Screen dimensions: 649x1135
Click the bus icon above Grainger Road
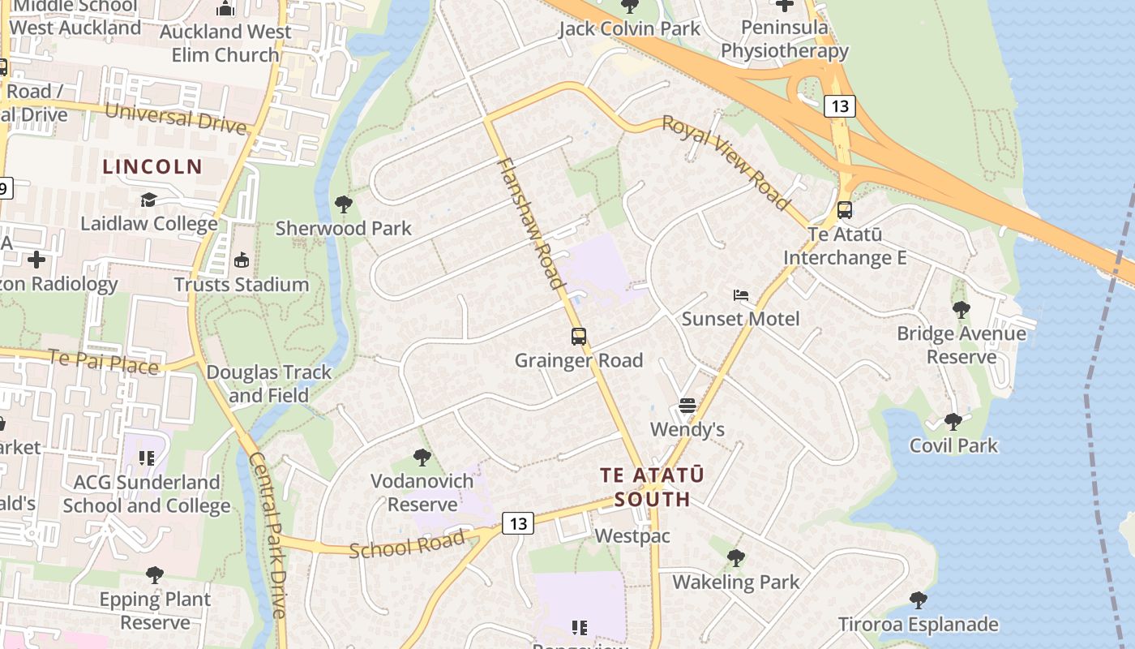(x=578, y=336)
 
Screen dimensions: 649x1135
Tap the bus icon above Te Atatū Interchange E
(x=844, y=210)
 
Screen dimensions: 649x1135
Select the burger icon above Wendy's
(x=687, y=405)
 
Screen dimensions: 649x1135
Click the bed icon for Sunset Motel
(x=740, y=295)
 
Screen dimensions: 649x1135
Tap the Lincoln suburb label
(x=152, y=167)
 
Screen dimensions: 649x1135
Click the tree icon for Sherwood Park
(x=343, y=204)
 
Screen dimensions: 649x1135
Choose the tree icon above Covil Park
(x=953, y=421)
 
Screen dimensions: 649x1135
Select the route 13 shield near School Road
(x=518, y=523)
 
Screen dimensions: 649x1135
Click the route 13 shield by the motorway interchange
(x=840, y=105)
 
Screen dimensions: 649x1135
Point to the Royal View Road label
(x=726, y=162)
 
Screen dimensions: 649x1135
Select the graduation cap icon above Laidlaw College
(x=148, y=200)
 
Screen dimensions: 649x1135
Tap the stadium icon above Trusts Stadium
(x=241, y=260)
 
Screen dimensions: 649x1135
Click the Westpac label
(x=632, y=536)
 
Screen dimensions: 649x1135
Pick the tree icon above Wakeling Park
(x=735, y=557)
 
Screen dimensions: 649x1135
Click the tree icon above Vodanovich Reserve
(x=422, y=457)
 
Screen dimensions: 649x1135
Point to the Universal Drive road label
(x=175, y=118)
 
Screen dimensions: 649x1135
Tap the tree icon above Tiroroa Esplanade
(x=918, y=600)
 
